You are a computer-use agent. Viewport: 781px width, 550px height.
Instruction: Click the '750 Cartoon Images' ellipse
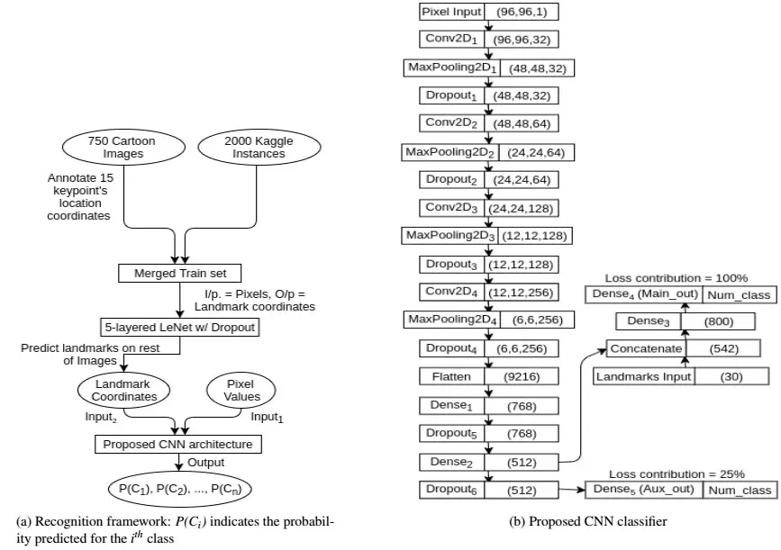click(x=122, y=149)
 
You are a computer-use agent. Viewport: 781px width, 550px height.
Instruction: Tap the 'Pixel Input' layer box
click(x=451, y=12)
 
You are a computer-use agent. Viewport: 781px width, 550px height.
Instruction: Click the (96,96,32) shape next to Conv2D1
click(x=520, y=41)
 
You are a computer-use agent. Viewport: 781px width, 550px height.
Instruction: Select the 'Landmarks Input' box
click(x=643, y=376)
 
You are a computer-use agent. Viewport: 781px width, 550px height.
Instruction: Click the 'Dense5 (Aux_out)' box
click(x=644, y=490)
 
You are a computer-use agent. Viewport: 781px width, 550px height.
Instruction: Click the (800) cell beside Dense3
click(x=717, y=321)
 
